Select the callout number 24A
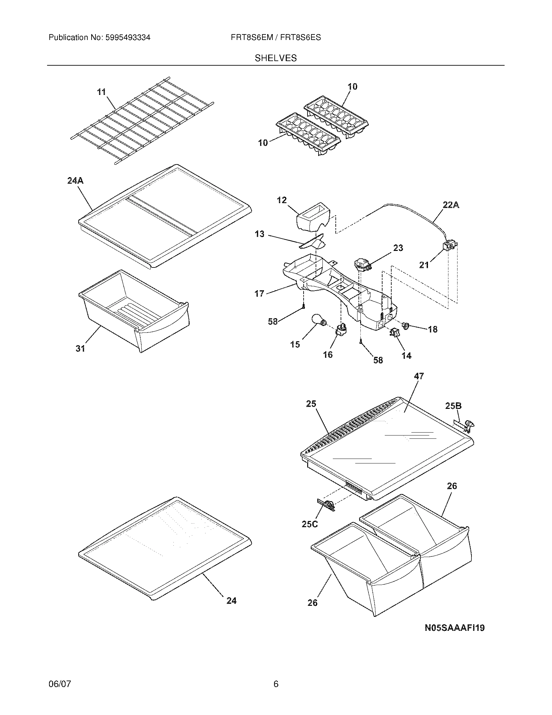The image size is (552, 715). (75, 180)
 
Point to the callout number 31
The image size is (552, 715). (81, 349)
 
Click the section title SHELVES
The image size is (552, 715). (276, 58)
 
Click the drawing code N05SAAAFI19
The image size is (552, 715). (454, 628)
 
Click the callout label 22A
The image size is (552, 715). (451, 205)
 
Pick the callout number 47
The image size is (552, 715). (419, 376)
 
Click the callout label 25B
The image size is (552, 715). (453, 406)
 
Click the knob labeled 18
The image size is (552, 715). (407, 325)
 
